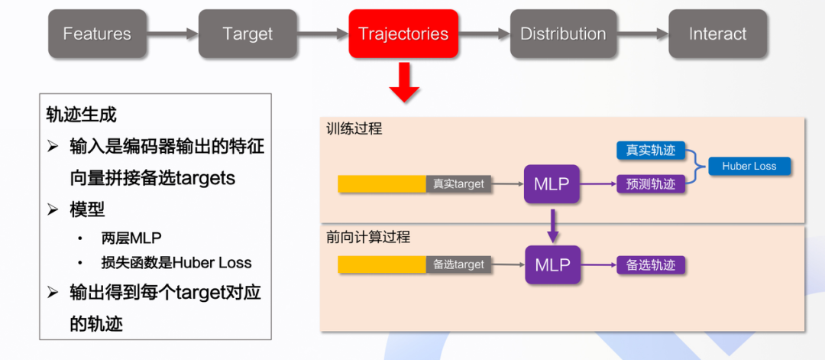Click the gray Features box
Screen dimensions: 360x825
[x=97, y=34]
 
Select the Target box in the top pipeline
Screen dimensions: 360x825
[x=247, y=34]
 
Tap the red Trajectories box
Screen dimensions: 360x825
[x=403, y=34]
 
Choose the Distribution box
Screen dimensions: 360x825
[x=563, y=34]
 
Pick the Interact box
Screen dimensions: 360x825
[x=717, y=34]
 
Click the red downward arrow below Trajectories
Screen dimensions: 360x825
[x=404, y=82]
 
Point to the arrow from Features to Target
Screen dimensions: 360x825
[x=173, y=34]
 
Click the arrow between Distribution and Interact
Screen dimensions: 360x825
[x=642, y=34]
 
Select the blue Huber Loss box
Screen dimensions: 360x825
[x=749, y=166]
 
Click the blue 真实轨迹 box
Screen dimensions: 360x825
[x=651, y=151]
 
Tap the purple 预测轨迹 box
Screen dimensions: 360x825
[x=651, y=183]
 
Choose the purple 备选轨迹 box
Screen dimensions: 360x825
[x=651, y=265]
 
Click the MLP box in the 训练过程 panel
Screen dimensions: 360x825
[x=552, y=184]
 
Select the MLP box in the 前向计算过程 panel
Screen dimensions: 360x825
[x=552, y=265]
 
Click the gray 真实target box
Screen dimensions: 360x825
[x=458, y=184]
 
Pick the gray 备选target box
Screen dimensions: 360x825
[x=458, y=265]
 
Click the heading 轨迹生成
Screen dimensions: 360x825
[x=82, y=115]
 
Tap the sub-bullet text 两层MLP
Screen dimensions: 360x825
[x=131, y=238]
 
